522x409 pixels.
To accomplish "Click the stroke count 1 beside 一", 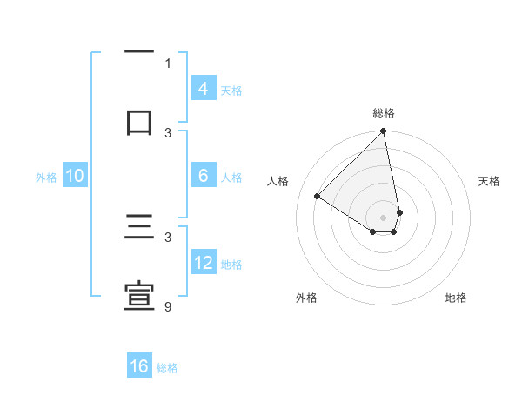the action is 168,63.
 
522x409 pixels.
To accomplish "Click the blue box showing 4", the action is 203,89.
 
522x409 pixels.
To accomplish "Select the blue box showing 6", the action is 203,176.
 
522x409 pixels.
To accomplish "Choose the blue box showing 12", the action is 203,263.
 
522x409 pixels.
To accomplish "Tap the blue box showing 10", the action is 75,176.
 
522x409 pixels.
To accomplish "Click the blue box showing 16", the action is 139,366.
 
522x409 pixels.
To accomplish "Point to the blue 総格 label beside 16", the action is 167,368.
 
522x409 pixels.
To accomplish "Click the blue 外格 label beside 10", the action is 46,178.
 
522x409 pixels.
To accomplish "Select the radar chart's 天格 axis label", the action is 490,181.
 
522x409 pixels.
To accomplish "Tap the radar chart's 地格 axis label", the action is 456,298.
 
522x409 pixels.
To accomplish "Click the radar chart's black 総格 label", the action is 384,113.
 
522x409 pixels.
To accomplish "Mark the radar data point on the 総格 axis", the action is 383,132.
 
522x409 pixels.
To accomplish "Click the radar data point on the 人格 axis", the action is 318,197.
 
